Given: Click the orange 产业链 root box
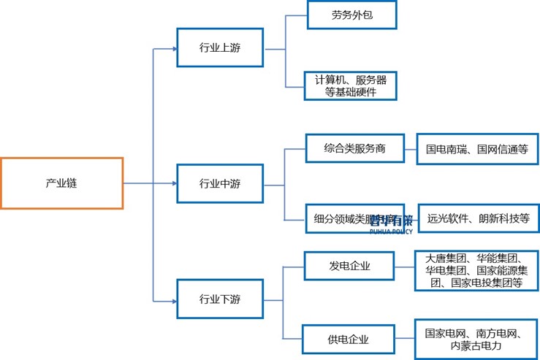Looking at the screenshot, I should (x=61, y=183).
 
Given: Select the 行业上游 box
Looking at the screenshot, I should (x=220, y=48).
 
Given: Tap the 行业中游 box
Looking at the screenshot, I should (x=220, y=183).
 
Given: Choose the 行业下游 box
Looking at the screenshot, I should (x=220, y=299).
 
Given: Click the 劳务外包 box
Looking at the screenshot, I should (x=352, y=15).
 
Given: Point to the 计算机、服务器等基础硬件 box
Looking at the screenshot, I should (x=352, y=85).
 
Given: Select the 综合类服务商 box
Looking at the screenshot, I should (x=354, y=149).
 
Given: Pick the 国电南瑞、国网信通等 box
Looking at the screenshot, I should (x=476, y=149).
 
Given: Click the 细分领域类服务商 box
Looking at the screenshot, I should (x=354, y=218).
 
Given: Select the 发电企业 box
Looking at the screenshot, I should (x=349, y=266).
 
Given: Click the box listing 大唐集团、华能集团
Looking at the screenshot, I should (x=476, y=270).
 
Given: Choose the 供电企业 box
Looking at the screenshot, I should (x=349, y=339).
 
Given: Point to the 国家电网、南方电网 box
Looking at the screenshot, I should (x=476, y=339).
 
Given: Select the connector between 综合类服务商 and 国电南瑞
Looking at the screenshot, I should (x=411, y=149).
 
